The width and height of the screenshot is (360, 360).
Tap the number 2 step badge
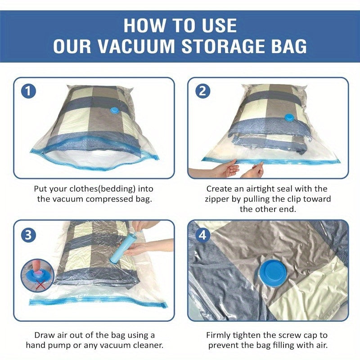tap(202, 91)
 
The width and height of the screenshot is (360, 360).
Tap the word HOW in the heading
tap(144, 25)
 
